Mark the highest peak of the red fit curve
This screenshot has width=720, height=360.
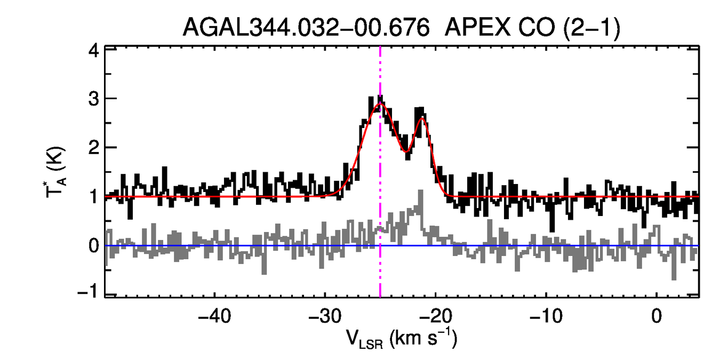click(379, 103)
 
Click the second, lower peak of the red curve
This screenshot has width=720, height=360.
click(422, 118)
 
